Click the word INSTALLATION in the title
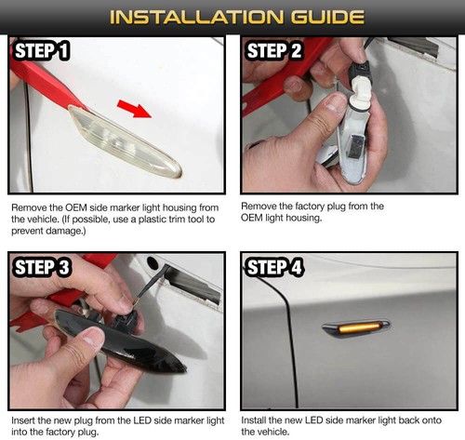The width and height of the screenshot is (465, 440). click(x=196, y=17)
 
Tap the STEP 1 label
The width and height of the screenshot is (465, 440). click(x=42, y=50)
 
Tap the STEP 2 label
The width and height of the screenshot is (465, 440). click(x=274, y=50)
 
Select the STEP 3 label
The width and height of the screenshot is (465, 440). click(x=43, y=268)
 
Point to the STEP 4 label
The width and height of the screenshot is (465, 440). click(x=274, y=268)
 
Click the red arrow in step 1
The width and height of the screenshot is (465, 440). click(x=134, y=109)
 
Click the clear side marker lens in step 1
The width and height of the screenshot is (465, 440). click(x=124, y=142)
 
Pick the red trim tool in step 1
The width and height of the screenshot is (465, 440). click(x=46, y=84)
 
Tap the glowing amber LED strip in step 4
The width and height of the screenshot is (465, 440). click(x=360, y=328)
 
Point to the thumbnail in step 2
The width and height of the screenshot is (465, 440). click(x=333, y=105)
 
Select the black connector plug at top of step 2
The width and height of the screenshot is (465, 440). click(x=359, y=74)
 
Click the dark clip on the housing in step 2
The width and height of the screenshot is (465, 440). click(x=355, y=145)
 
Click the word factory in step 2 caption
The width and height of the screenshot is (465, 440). click(x=312, y=207)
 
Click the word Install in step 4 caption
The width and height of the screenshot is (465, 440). click(x=254, y=420)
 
